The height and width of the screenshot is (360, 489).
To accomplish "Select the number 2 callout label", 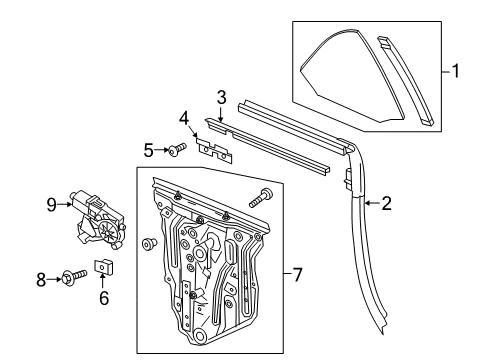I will [x=386, y=204].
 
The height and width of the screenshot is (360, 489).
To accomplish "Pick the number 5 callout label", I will [x=148, y=150].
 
